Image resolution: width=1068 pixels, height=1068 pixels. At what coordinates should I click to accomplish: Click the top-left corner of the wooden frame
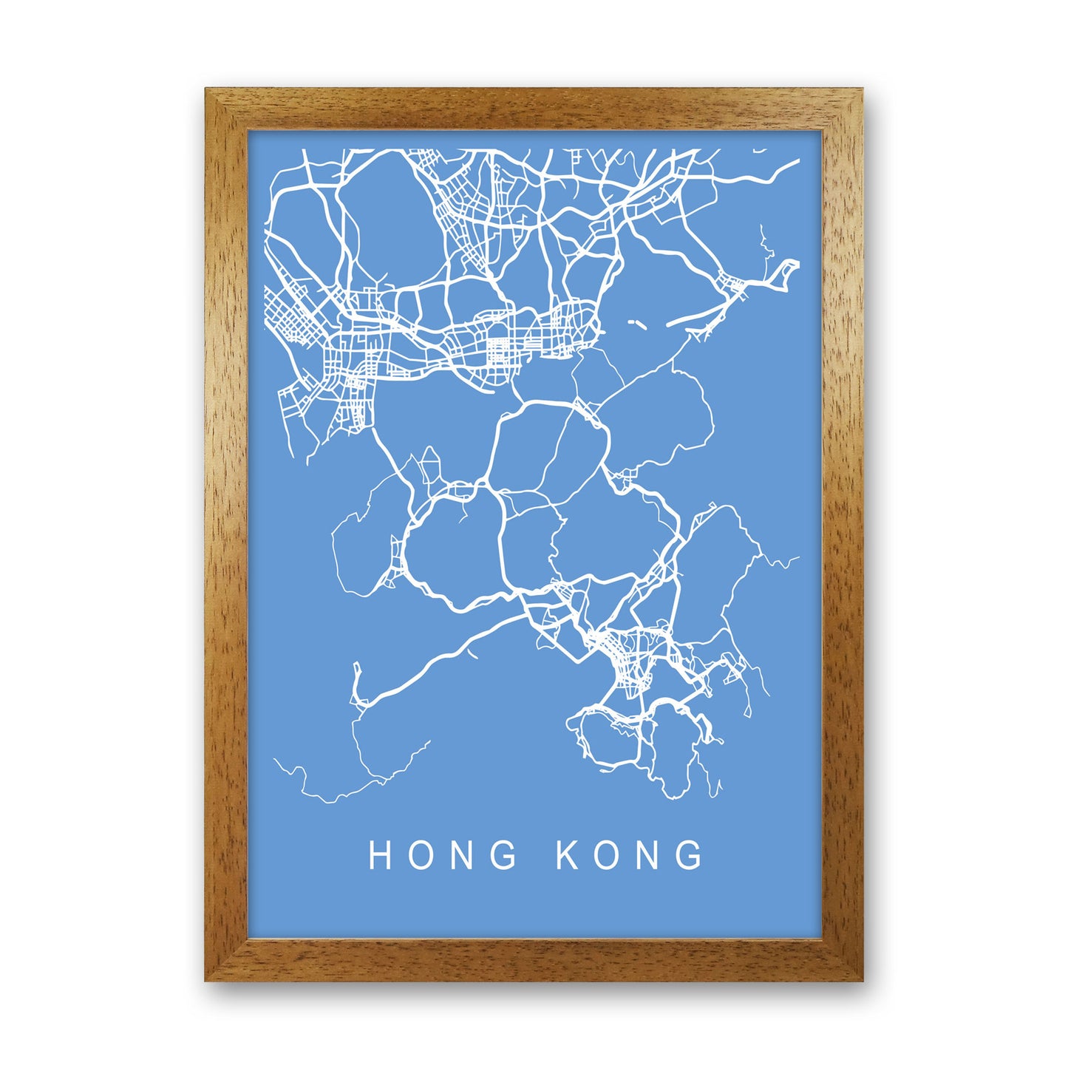point(207,90)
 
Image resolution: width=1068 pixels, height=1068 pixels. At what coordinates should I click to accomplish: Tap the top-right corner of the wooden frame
point(861,90)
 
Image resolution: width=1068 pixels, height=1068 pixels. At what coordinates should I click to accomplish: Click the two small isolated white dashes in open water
point(635,323)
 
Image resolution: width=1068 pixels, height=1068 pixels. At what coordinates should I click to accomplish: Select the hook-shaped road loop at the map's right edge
point(785,272)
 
